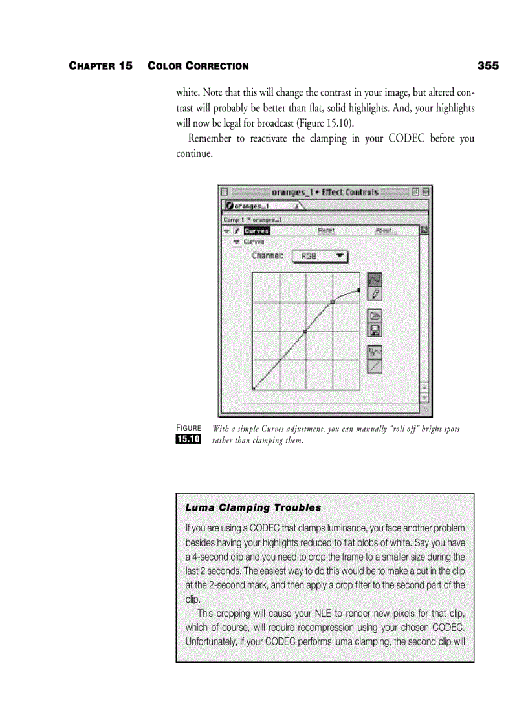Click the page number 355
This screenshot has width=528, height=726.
click(x=488, y=66)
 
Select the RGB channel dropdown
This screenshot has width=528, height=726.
click(x=320, y=257)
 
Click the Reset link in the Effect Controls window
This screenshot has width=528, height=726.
click(x=326, y=230)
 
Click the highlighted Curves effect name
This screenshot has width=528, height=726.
click(x=257, y=230)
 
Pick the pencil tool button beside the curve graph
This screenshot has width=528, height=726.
click(x=374, y=294)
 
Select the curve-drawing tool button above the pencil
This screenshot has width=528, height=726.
click(x=374, y=279)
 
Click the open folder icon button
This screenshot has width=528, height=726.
click(x=374, y=316)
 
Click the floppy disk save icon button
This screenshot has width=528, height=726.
click(x=374, y=330)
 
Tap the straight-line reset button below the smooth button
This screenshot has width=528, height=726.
click(x=374, y=367)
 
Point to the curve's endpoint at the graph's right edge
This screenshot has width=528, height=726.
click(x=359, y=290)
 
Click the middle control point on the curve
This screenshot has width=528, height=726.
click(x=305, y=331)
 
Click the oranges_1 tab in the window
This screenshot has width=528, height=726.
click(x=256, y=206)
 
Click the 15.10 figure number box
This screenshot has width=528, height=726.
click(x=188, y=440)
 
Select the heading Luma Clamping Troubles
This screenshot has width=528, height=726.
click(x=253, y=507)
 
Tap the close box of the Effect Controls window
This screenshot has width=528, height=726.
click(x=225, y=192)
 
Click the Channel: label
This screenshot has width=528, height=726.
click(x=267, y=256)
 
